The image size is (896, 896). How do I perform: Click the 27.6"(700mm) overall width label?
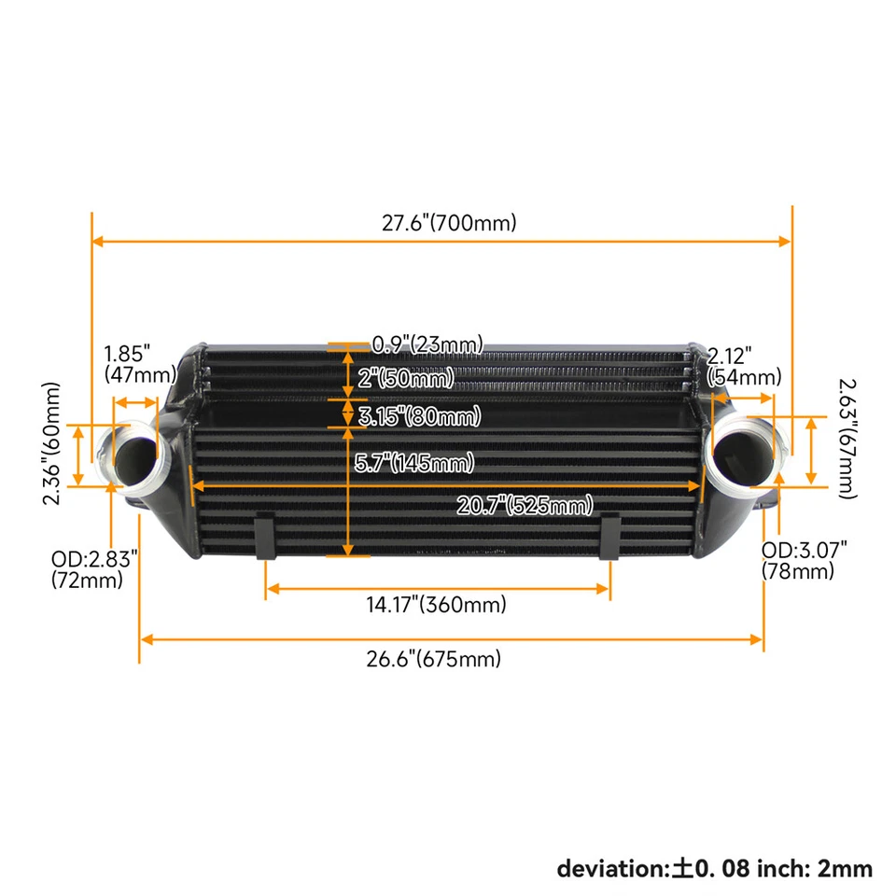448,223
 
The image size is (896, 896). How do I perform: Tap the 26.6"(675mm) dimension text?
433,659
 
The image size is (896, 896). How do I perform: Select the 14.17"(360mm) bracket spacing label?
436,605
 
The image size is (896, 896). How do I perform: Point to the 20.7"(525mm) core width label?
525,506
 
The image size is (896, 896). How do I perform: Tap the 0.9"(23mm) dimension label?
427,344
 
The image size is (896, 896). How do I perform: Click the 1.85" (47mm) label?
140,365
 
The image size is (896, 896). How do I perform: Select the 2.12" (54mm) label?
744,366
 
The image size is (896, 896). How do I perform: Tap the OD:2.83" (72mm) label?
94,569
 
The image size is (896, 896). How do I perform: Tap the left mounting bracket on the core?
264,537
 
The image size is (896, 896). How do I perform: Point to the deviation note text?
714,869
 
